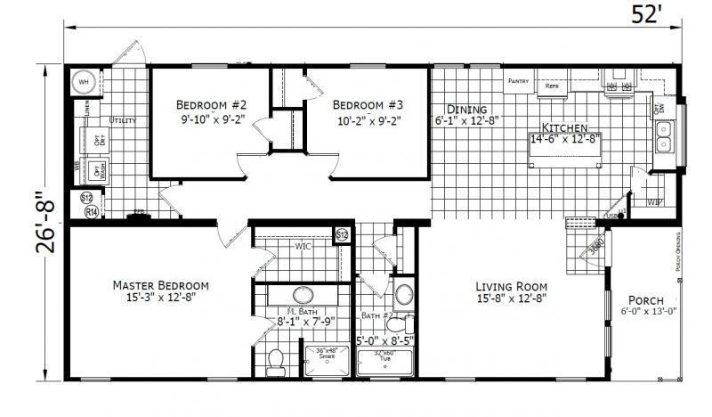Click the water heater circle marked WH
[x=85, y=81]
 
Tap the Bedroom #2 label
[x=210, y=102]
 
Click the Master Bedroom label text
[x=161, y=285]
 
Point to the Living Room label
[x=511, y=286]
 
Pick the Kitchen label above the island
[x=565, y=127]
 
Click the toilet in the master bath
[x=276, y=360]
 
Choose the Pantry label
[x=519, y=80]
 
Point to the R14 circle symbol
[x=91, y=212]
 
